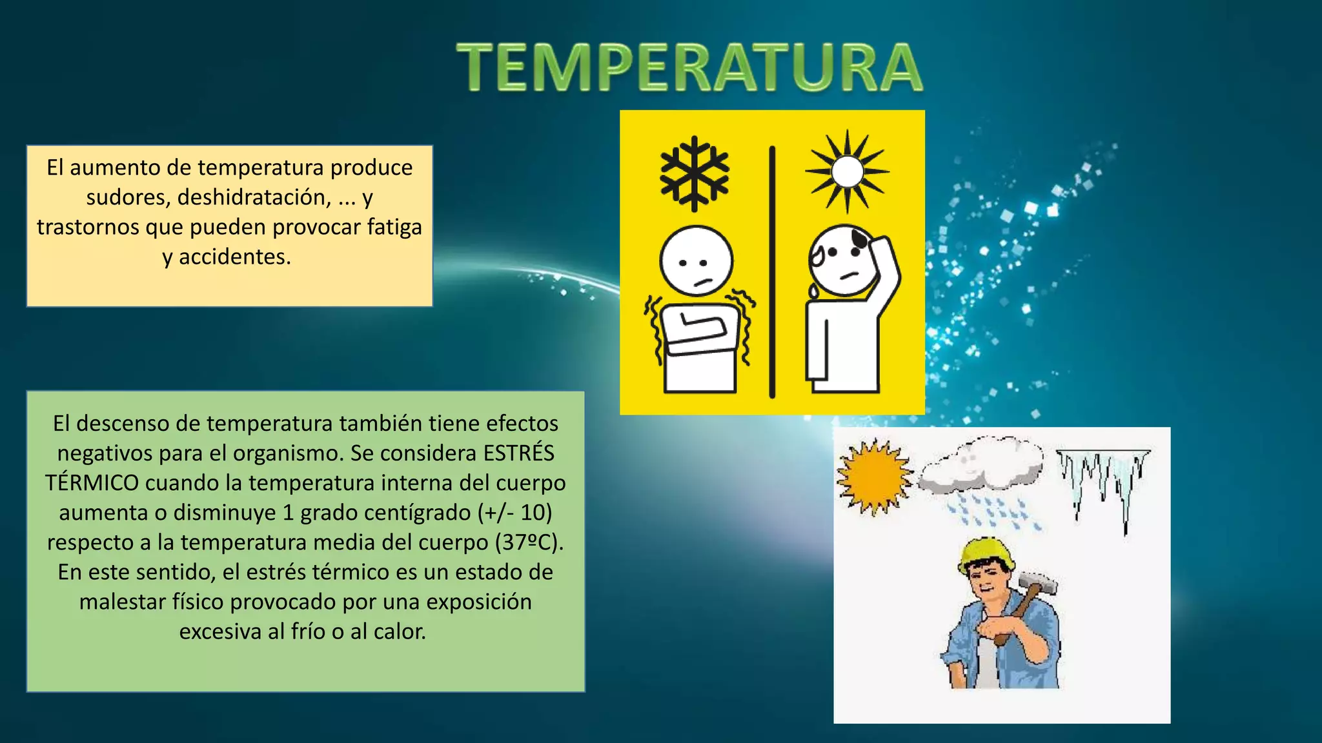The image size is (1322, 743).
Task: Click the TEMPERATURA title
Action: coord(689,67)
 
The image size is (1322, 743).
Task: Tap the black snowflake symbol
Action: coord(695,173)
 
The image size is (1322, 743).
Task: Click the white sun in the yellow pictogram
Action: coord(848,172)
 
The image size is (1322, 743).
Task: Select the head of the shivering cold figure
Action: coord(696,261)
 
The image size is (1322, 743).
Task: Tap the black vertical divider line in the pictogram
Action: coord(772,271)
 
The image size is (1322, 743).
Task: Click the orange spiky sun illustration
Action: coord(874,478)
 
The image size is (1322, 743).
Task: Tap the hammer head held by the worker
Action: coord(1039,583)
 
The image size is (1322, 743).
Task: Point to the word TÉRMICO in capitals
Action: coord(92,482)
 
